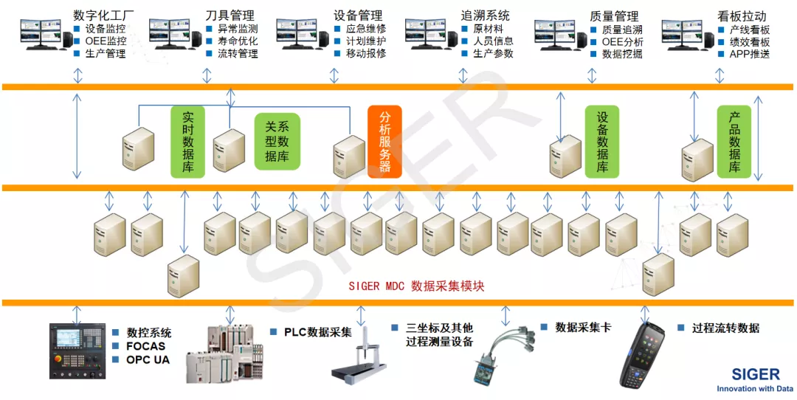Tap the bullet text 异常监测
tap(238, 29)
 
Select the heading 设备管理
tap(358, 15)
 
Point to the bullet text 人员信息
tap(493, 41)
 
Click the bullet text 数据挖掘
tap(622, 54)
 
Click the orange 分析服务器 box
tap(384, 141)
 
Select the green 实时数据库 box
tap(187, 142)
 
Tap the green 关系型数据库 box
tap(277, 141)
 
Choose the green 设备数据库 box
tap(602, 141)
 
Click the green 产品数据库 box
tap(734, 141)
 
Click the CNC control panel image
tap(77, 351)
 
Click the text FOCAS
tap(146, 345)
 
